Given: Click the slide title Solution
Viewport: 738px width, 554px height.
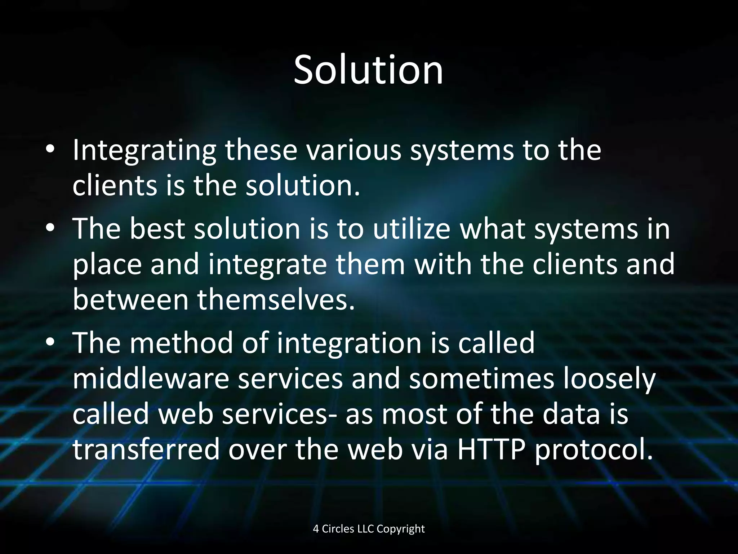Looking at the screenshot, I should [368, 70].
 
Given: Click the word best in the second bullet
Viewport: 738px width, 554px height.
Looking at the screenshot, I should [157, 229].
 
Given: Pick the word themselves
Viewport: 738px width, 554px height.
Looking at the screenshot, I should [276, 300].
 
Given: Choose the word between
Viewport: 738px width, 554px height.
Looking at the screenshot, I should [130, 300].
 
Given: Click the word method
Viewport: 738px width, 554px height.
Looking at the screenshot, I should [181, 343].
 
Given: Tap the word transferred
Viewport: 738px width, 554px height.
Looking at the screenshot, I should [146, 449].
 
